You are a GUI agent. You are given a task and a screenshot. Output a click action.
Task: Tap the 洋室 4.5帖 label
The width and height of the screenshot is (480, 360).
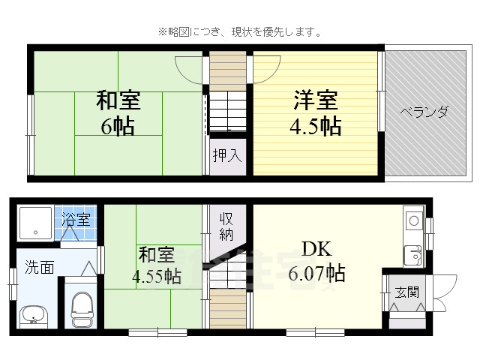315,112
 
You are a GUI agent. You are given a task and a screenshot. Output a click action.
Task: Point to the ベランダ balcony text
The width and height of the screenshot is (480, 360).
424,112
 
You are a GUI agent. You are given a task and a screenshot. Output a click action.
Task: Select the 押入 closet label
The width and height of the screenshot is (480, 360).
226,156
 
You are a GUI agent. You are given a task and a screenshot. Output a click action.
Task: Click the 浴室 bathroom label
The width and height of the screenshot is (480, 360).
75,220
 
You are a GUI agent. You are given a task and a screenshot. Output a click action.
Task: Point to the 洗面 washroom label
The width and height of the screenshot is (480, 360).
39,266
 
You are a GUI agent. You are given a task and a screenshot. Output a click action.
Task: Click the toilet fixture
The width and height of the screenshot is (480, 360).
81,307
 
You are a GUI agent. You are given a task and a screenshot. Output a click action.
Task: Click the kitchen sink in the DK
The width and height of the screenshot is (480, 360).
413,221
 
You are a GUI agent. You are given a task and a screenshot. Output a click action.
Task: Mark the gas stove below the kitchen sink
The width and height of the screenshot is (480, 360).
413,255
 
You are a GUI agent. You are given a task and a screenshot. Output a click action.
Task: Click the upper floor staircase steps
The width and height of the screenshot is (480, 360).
227,112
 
